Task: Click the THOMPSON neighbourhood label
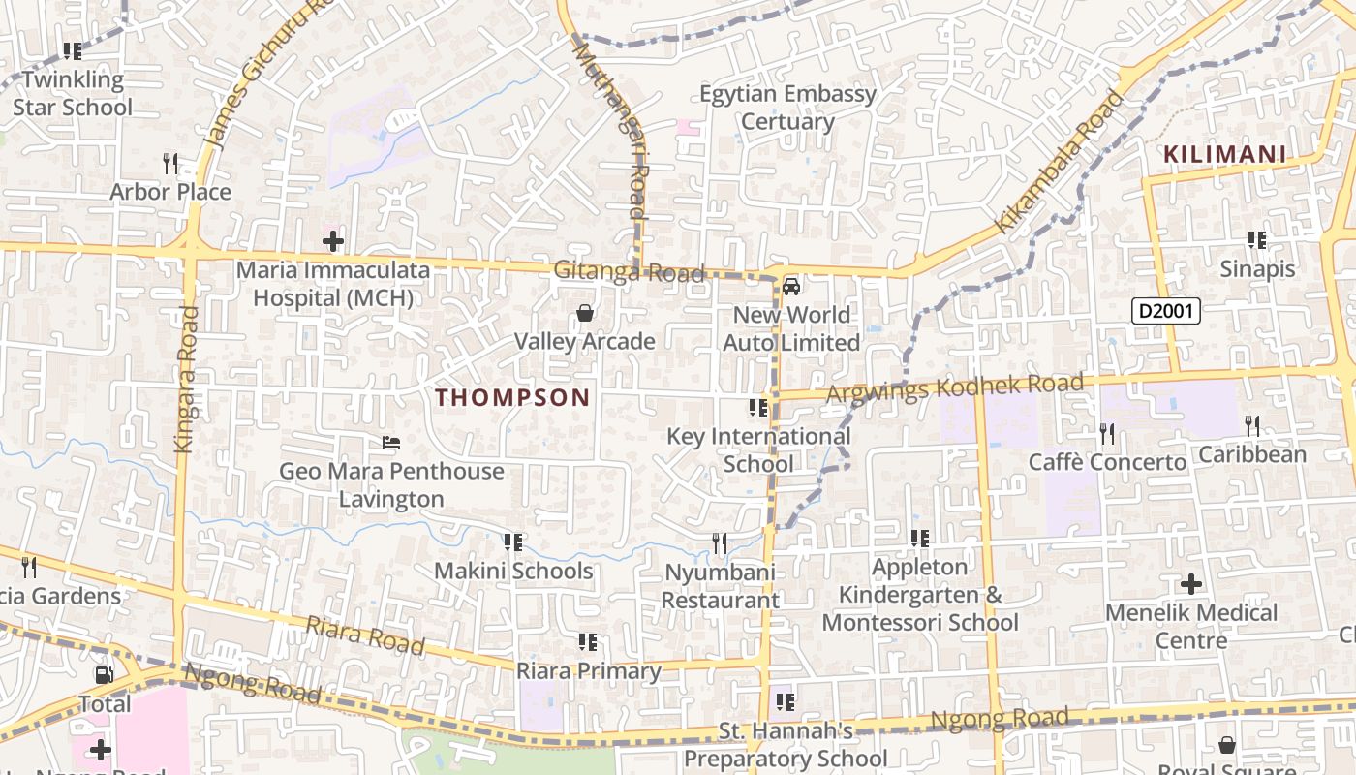point(512,397)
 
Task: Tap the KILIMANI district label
point(1224,154)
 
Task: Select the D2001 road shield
point(1166,311)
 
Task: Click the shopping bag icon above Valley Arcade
point(585,313)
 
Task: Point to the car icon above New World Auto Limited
point(791,286)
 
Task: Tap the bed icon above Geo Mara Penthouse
point(391,444)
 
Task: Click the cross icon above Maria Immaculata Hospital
point(333,240)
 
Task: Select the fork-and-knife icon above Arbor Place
point(170,163)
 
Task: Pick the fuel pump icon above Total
point(104,675)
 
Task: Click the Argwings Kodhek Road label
point(954,387)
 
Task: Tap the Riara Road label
point(365,635)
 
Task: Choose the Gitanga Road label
point(629,271)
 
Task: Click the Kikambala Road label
point(1061,162)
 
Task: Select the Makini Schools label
point(512,571)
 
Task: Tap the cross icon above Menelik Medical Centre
point(1190,584)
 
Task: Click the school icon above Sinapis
point(1257,239)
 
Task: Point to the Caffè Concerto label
point(1107,462)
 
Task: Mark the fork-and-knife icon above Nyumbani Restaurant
point(719,542)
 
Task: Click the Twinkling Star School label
point(73,93)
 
